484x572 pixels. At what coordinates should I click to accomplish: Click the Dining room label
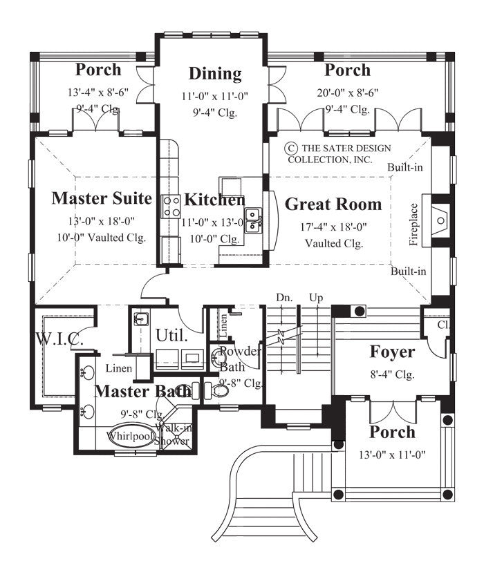215,74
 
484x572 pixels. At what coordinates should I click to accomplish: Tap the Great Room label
333,204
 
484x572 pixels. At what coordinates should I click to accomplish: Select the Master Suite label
102,199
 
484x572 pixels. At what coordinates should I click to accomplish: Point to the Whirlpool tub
131,436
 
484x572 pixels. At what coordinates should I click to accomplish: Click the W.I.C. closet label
60,340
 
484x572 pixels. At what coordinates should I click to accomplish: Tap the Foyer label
392,352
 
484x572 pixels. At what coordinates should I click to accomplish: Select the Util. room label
171,336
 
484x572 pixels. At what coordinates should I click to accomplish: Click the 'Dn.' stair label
283,297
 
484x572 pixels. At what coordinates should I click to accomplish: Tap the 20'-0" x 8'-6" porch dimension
347,92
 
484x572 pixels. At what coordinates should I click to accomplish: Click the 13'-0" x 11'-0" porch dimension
392,455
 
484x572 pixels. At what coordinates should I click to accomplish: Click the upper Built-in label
405,168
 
